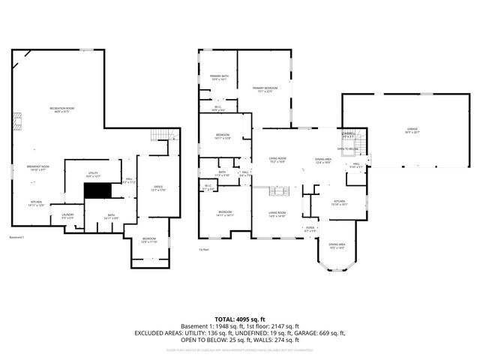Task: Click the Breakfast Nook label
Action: (38, 168)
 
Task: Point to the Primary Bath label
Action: (219, 77)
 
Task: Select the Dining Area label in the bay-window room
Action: (337, 245)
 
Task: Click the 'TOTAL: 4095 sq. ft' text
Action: (239, 318)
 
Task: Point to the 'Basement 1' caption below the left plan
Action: (17, 238)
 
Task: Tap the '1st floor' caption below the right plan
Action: (204, 249)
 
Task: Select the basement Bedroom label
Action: (149, 240)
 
